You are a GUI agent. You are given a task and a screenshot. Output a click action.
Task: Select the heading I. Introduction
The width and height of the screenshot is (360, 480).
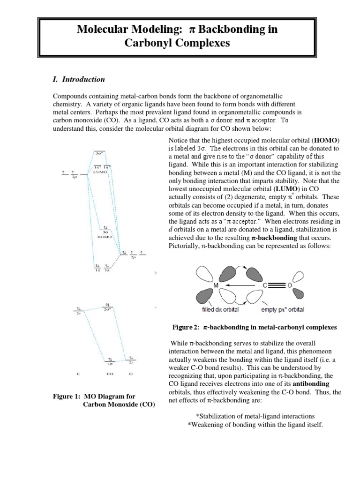(x=80, y=79)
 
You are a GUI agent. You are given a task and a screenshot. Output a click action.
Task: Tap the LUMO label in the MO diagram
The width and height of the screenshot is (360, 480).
(x=100, y=172)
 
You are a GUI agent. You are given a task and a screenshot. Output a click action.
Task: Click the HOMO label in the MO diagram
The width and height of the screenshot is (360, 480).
(x=104, y=237)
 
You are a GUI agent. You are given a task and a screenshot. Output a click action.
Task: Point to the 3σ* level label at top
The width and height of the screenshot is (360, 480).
(x=99, y=152)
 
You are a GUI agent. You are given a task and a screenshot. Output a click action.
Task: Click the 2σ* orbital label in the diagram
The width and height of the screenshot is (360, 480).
(x=107, y=310)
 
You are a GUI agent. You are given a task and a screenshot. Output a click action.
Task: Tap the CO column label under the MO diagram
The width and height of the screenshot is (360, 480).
(x=109, y=375)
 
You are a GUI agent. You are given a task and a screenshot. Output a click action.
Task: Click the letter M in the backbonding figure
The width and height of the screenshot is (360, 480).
(x=217, y=285)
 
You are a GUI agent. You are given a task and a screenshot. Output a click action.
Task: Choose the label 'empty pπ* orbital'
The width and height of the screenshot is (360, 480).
(x=282, y=309)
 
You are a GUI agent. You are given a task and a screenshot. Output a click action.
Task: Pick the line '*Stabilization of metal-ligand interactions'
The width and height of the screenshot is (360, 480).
(x=255, y=416)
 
